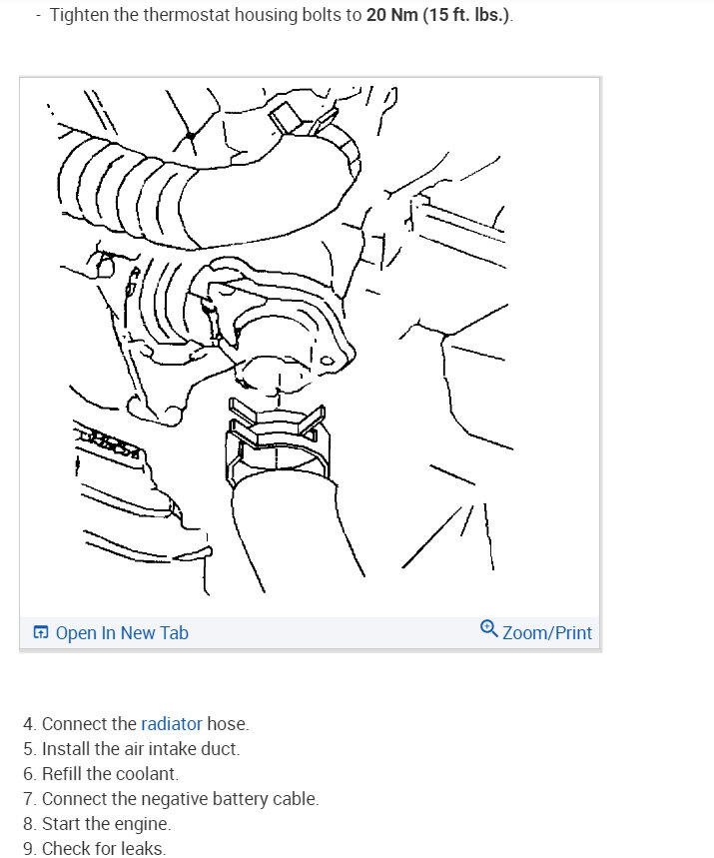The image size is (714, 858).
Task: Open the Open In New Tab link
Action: pyautogui.click(x=121, y=633)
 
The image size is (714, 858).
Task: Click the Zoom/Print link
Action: pyautogui.click(x=546, y=633)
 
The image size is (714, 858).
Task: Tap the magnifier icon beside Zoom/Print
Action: pyautogui.click(x=488, y=629)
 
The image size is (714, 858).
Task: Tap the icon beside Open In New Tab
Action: pyautogui.click(x=41, y=633)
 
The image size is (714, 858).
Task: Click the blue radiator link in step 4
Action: pyautogui.click(x=172, y=724)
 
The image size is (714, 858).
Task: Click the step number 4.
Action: pyautogui.click(x=30, y=724)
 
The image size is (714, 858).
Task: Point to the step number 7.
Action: pyautogui.click(x=30, y=799)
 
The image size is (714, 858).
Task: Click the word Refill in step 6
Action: pyautogui.click(x=64, y=774)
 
